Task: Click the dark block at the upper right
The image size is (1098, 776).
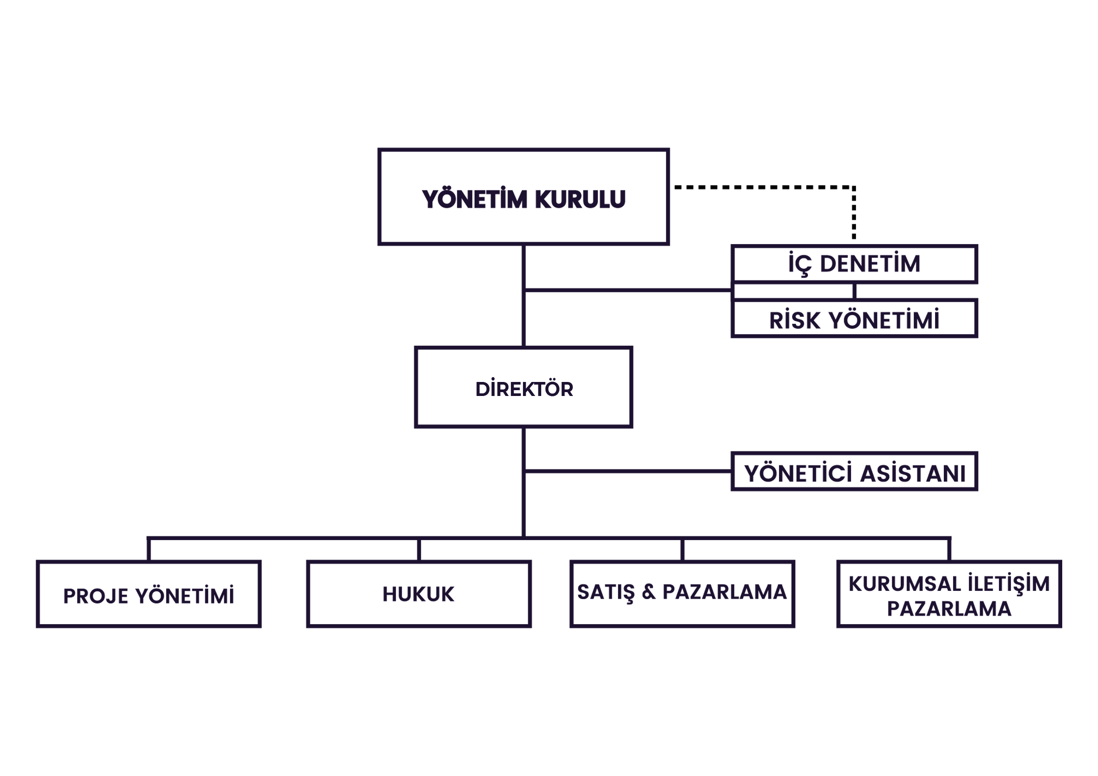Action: (870, 290)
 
